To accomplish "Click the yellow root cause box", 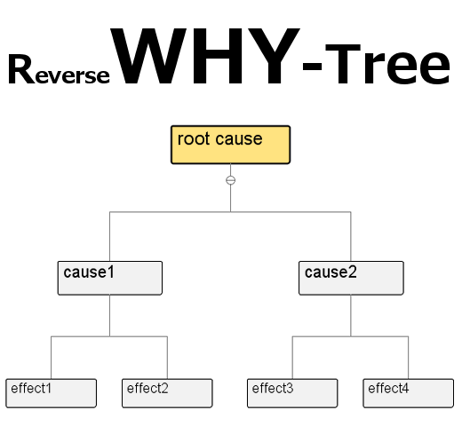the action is pyautogui.click(x=230, y=145).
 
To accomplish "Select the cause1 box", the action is pyautogui.click(x=110, y=278).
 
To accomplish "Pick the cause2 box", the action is pyautogui.click(x=351, y=278).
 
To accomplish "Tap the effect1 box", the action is pyautogui.click(x=51, y=393).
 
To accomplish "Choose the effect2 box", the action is pyautogui.click(x=167, y=393).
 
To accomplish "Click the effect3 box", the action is pyautogui.click(x=292, y=393).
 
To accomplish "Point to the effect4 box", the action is pyautogui.click(x=409, y=393).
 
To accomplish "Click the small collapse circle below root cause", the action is pyautogui.click(x=230, y=180).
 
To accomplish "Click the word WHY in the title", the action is pyautogui.click(x=205, y=56).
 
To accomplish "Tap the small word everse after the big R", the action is pyautogui.click(x=72, y=75).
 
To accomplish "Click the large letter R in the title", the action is pyautogui.click(x=21, y=69).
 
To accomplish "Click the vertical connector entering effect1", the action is pyautogui.click(x=51, y=358).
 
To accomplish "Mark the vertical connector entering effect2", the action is pyautogui.click(x=167, y=358).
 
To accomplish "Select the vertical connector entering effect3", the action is pyautogui.click(x=292, y=358).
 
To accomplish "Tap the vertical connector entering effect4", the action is pyautogui.click(x=409, y=358).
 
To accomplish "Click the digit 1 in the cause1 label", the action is pyautogui.click(x=111, y=272).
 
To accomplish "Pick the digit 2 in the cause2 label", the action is pyautogui.click(x=353, y=272).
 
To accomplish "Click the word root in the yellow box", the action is pyautogui.click(x=194, y=138).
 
